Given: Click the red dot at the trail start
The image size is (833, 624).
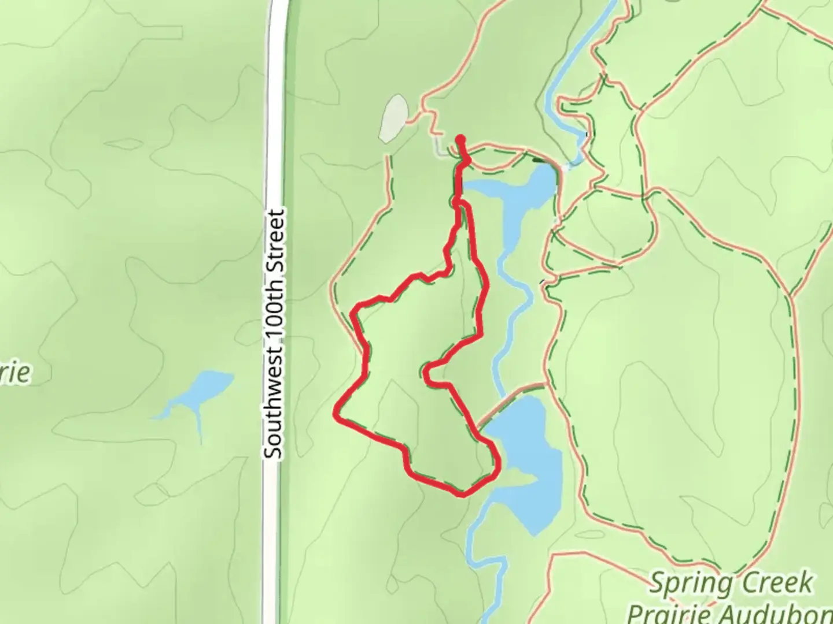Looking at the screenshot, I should [461, 139].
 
